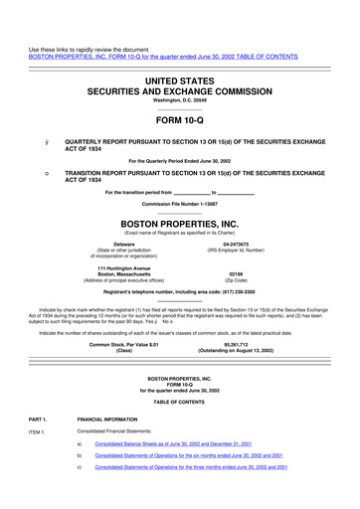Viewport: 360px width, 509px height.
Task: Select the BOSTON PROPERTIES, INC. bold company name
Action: (x=180, y=224)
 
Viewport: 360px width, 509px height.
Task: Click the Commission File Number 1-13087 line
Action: (x=180, y=203)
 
